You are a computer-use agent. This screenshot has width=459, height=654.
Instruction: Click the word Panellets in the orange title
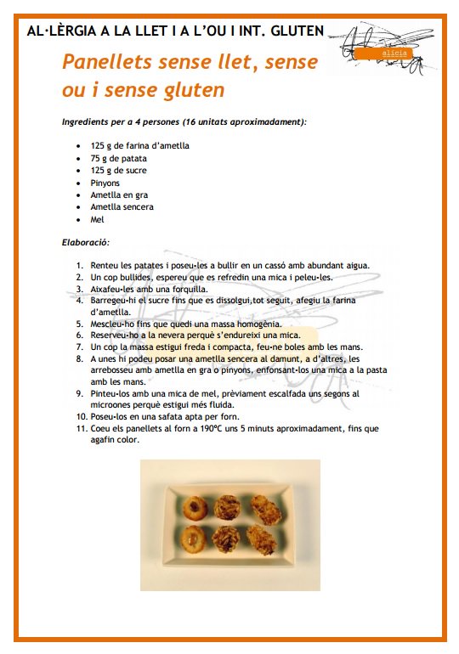(x=108, y=62)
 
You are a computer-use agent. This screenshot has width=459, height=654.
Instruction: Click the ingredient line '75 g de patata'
(x=121, y=158)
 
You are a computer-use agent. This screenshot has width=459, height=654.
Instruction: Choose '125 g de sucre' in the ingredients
(x=121, y=171)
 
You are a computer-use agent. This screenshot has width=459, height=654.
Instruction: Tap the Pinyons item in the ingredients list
(x=105, y=183)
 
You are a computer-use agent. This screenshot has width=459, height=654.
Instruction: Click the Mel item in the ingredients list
(x=97, y=219)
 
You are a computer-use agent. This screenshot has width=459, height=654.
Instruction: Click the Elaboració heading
(x=86, y=242)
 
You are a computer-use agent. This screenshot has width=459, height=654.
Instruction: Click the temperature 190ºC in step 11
(x=220, y=429)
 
